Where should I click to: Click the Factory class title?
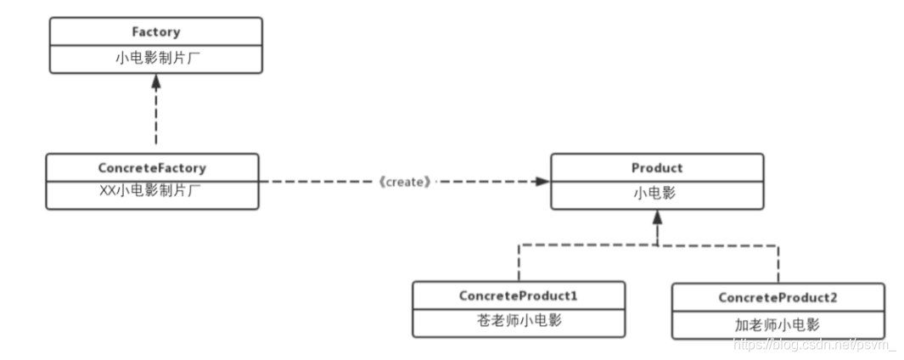coord(155,32)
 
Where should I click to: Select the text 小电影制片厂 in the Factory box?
coord(155,59)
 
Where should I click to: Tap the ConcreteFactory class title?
coord(152,168)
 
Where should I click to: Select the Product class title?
coord(657,168)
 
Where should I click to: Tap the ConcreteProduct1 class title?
coord(518,296)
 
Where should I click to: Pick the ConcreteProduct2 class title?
coord(778,297)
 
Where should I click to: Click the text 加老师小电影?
coord(778,323)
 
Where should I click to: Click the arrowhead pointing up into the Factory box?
coord(155,82)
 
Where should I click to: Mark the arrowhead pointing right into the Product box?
coord(541,182)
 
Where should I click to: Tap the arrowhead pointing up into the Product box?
coord(657,217)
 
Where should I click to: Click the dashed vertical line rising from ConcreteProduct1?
coord(518,263)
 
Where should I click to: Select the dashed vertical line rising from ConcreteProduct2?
coord(778,264)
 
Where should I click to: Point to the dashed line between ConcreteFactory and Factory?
coord(155,119)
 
